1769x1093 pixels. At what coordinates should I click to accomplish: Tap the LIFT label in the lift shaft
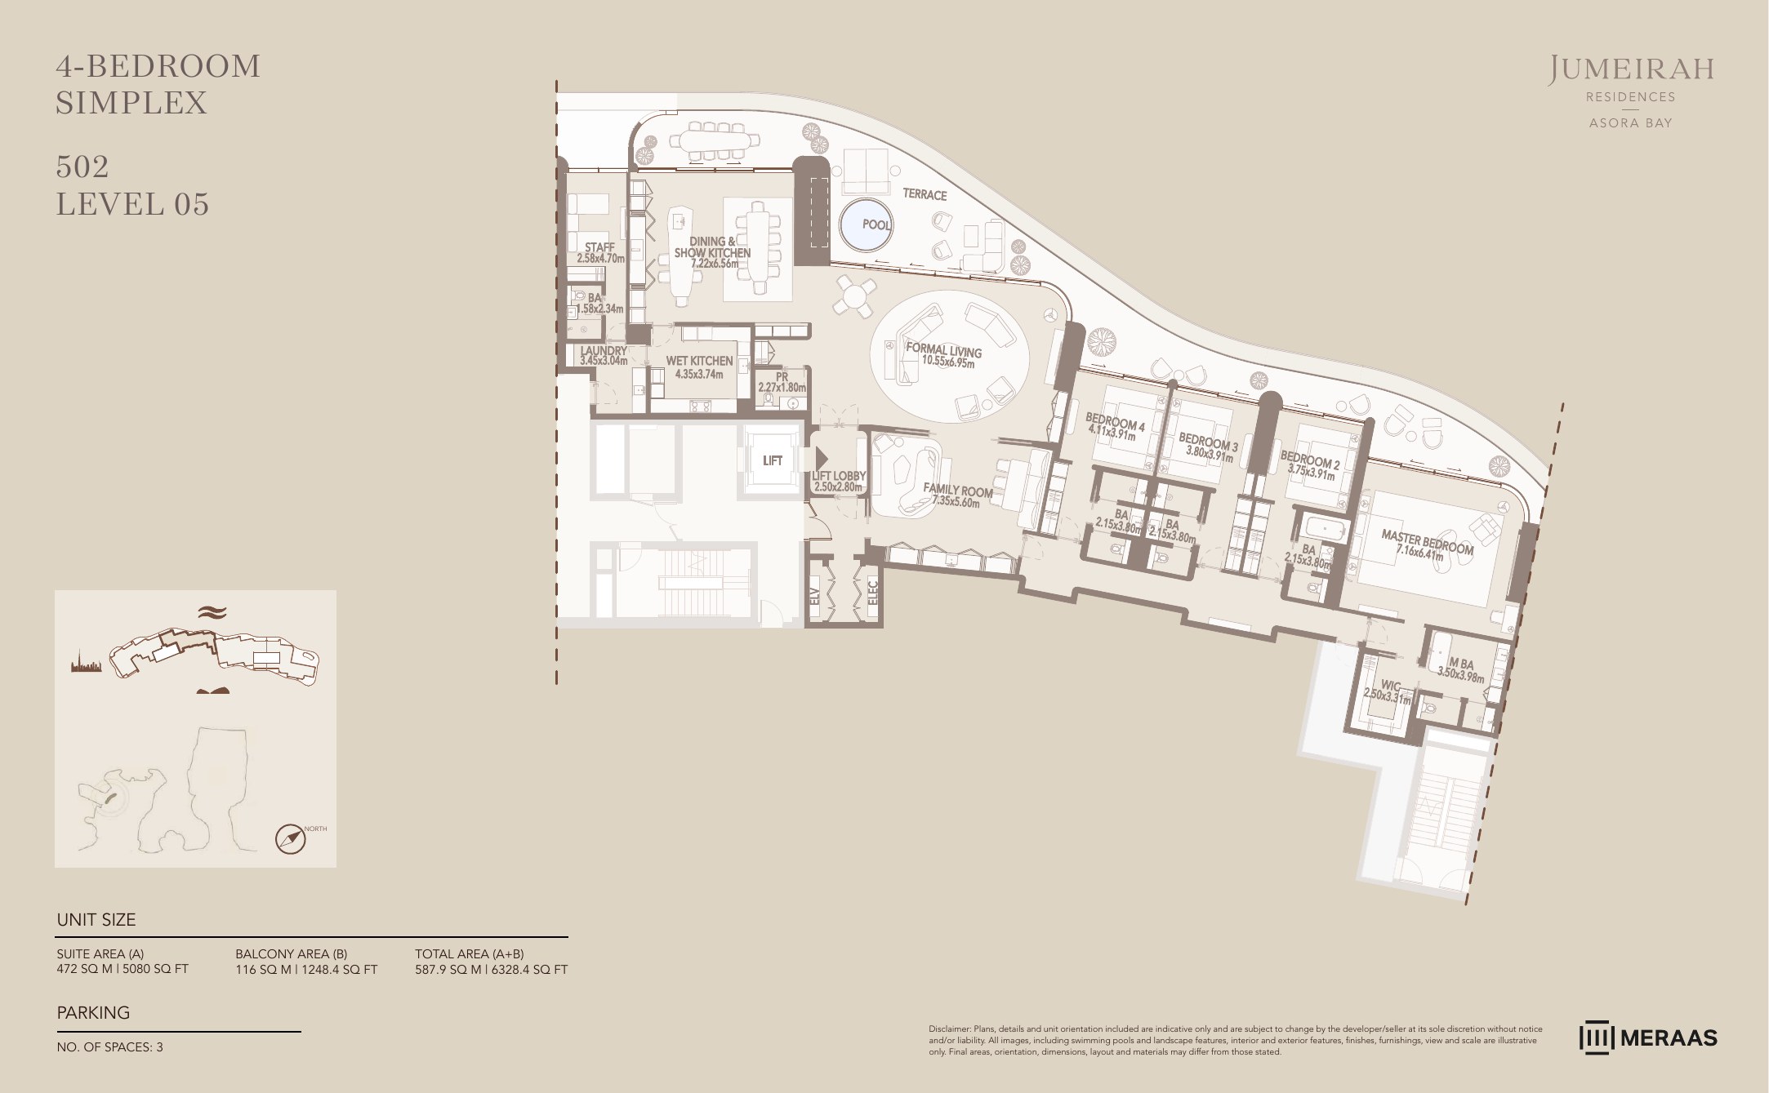[x=772, y=460]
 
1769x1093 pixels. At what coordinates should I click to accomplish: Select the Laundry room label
[x=604, y=355]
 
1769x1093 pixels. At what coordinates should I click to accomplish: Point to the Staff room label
[x=600, y=252]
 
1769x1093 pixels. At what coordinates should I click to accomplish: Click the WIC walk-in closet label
[x=1388, y=691]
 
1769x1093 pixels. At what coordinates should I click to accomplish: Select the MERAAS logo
[x=1649, y=1038]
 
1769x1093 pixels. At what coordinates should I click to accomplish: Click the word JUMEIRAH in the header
[x=1629, y=70]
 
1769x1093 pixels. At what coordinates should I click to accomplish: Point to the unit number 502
[x=82, y=167]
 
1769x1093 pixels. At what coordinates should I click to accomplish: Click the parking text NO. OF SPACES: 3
[x=109, y=1047]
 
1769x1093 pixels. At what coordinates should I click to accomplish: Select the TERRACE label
[x=925, y=195]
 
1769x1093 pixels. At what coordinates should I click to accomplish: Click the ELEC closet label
[x=871, y=591]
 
